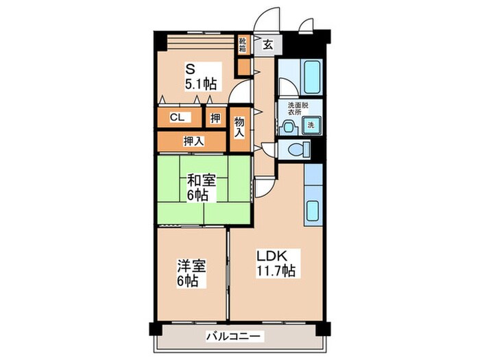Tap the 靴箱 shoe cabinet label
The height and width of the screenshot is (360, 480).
[243, 46]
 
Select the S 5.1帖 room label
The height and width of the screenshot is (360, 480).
[199, 76]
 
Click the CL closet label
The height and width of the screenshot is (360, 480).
[176, 117]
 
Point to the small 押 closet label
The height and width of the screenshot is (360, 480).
[215, 118]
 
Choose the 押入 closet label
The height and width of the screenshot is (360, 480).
[193, 141]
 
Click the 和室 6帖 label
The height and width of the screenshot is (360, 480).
[202, 187]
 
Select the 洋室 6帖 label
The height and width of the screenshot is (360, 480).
[189, 273]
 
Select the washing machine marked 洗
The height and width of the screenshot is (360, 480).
[310, 125]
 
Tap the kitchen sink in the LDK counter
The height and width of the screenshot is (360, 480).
[313, 212]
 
